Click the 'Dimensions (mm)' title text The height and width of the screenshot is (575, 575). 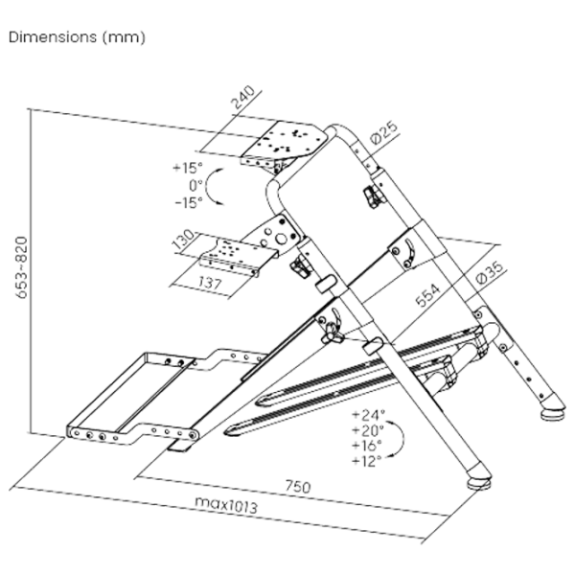pyautogui.click(x=76, y=40)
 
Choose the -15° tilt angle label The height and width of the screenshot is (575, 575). pyautogui.click(x=184, y=202)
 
